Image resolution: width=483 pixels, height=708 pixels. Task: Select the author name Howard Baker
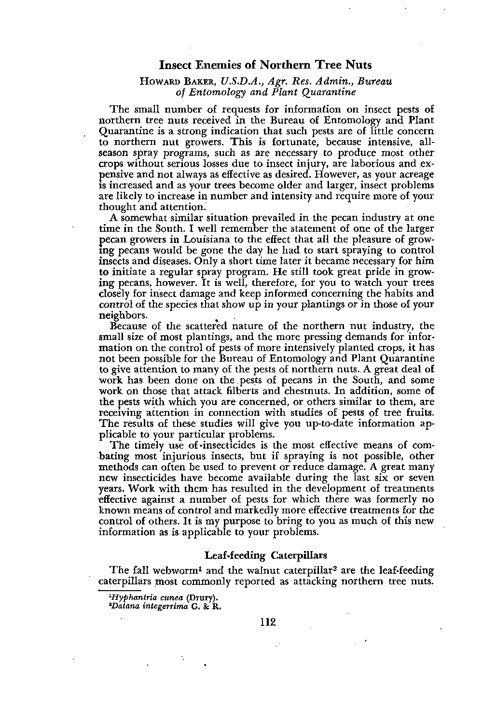[166, 81]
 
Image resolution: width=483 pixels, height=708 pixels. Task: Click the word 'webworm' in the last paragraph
[179, 571]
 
